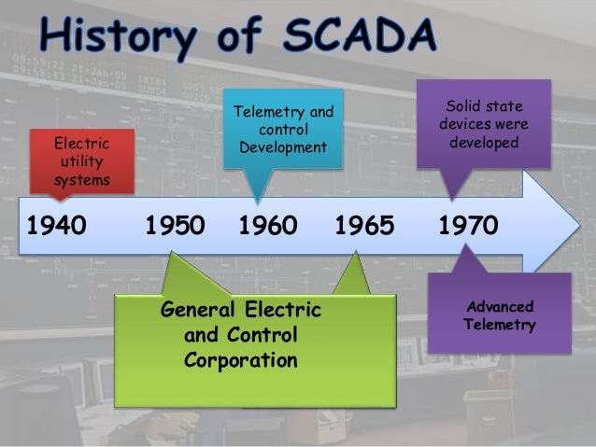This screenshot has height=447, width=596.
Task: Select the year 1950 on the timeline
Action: coord(175,226)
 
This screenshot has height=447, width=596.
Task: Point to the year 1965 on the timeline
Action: coord(364,226)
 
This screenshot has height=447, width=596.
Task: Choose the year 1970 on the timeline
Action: coord(467,226)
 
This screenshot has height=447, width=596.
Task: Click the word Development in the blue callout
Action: coord(282,148)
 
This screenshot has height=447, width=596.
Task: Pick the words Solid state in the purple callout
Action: coord(485,105)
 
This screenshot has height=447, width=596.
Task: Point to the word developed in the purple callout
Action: coord(484,143)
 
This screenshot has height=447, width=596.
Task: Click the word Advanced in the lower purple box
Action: coord(500,306)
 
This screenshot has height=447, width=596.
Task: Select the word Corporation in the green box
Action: coord(241,359)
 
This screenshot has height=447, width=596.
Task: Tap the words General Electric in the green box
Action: coord(241,309)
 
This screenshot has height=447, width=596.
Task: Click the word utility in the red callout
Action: coord(81,161)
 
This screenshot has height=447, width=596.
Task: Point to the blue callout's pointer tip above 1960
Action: coord(259,202)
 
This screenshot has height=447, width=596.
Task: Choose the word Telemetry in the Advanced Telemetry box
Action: coord(500,325)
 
